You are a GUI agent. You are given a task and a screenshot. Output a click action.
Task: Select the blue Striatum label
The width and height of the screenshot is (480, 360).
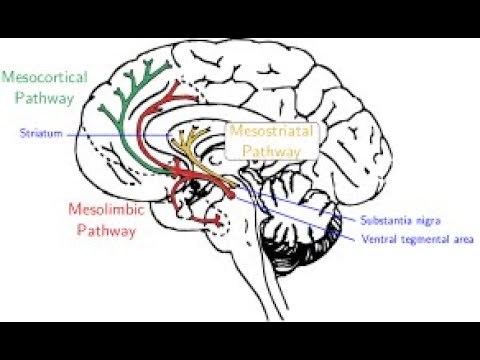tap(39, 133)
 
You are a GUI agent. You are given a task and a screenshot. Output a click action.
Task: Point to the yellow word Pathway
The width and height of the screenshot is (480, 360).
tap(272, 150)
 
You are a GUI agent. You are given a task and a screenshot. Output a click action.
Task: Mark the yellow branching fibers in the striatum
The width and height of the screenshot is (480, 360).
tap(196, 145)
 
